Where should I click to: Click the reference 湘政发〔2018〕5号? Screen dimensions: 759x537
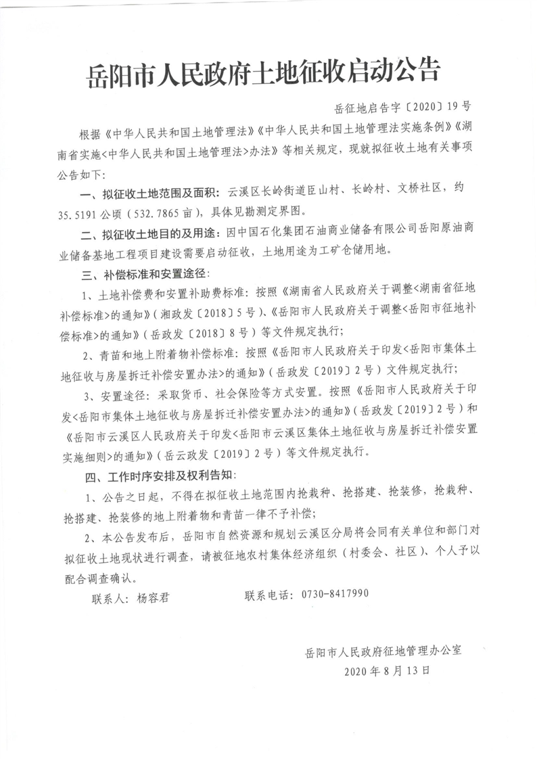199,314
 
